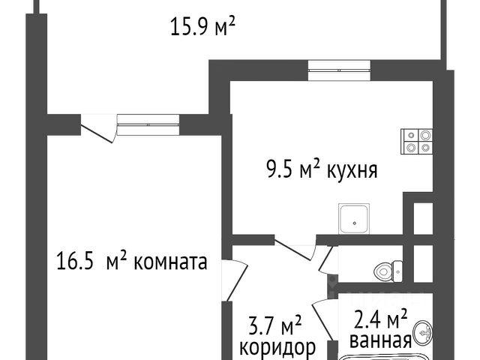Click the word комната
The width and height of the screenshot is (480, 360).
click(x=166, y=262)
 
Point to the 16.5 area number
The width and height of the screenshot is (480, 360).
click(x=75, y=262)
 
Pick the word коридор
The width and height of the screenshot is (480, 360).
click(x=277, y=347)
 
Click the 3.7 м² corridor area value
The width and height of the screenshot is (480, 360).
click(x=274, y=325)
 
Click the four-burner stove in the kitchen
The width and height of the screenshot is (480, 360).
click(x=417, y=141)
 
